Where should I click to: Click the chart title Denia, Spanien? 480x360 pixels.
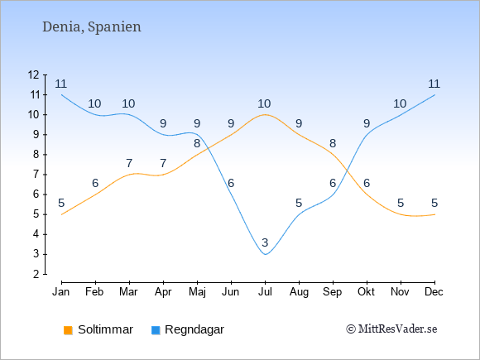click(92, 27)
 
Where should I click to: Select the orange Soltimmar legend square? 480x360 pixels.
click(68, 330)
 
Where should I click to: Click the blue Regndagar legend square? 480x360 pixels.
click(156, 330)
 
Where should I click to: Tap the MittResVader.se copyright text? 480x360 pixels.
click(391, 329)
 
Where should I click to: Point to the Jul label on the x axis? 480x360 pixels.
click(265, 292)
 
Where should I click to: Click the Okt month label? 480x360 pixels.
click(366, 292)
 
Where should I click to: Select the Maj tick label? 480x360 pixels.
click(197, 292)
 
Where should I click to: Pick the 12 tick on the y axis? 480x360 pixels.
click(34, 74)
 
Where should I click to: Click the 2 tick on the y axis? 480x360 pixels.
click(36, 274)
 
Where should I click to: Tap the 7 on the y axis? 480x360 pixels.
click(36, 175)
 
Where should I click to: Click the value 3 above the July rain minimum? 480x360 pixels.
click(265, 242)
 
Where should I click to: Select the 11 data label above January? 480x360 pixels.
click(61, 84)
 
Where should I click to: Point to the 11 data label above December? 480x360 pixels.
click(434, 84)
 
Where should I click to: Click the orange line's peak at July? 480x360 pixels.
click(265, 115)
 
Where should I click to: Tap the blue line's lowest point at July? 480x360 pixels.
click(265, 254)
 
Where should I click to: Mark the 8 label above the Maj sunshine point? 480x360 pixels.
click(197, 143)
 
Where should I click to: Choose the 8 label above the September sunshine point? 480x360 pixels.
click(333, 143)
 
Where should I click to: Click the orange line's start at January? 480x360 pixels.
click(62, 214)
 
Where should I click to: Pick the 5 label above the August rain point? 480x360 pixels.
click(299, 203)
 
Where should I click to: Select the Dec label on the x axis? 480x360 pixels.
click(434, 292)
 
